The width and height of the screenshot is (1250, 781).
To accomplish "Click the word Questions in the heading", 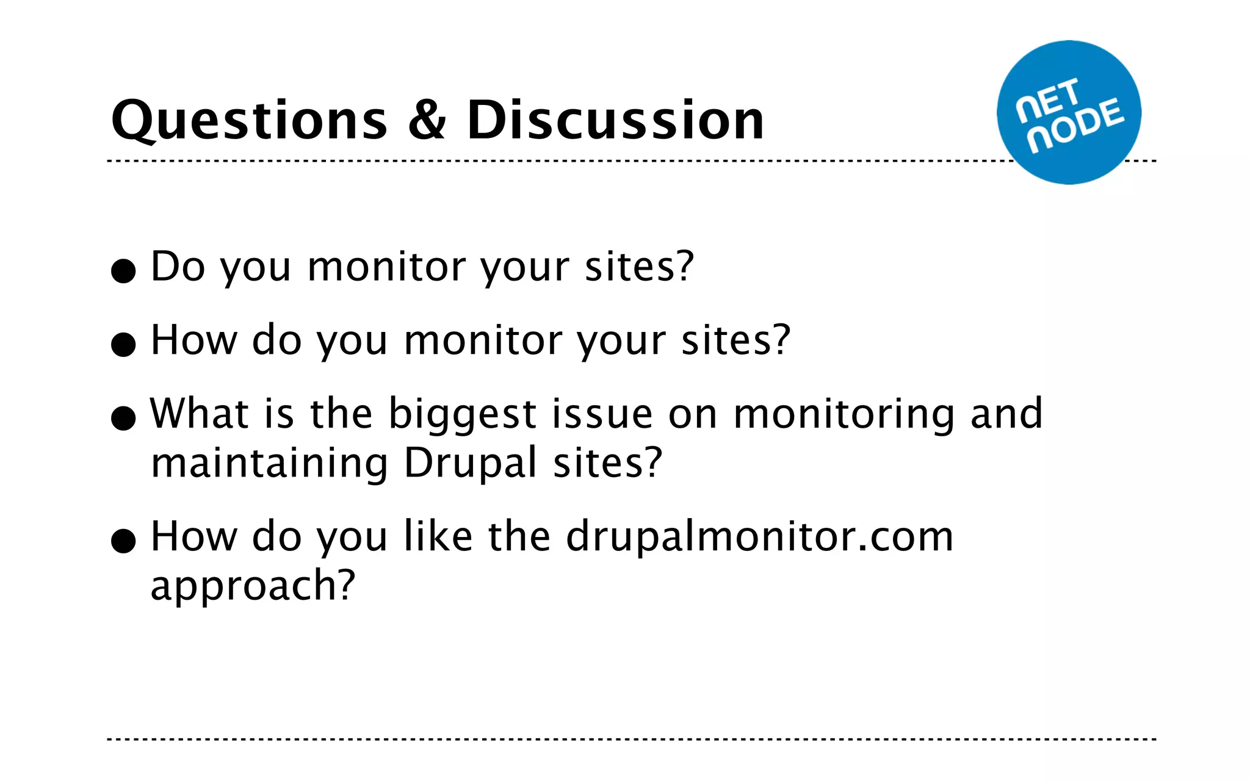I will tap(249, 121).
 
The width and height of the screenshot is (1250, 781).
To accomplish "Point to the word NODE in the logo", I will tap(1075, 124).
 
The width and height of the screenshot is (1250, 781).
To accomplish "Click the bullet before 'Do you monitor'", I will tap(123, 271).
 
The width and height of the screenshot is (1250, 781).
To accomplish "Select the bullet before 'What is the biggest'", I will tap(123, 419).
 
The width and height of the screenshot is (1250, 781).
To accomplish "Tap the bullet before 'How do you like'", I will tap(123, 541).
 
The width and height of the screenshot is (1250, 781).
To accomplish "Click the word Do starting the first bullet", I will tap(178, 267).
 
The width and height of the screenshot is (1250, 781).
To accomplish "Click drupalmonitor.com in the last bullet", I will tap(759, 537).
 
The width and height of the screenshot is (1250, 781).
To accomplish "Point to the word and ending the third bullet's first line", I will tap(1006, 414).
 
